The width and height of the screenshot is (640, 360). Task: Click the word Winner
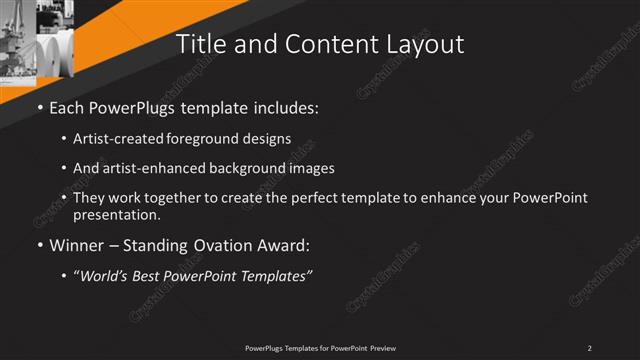(77, 243)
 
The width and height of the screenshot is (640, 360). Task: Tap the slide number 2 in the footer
(589, 347)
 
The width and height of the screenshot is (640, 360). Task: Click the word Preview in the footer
(383, 347)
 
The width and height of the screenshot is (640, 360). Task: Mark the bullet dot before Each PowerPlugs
(39, 106)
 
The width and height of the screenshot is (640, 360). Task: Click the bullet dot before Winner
(39, 243)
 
